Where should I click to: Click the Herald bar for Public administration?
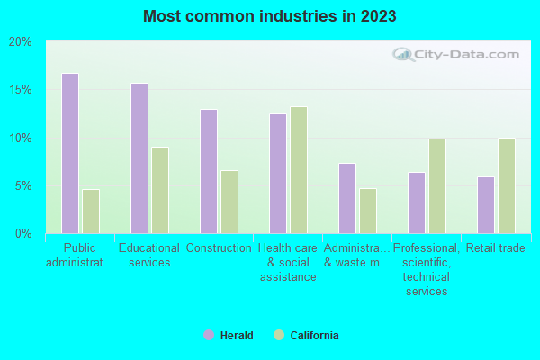click(x=69, y=154)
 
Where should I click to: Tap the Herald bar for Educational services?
click(x=139, y=158)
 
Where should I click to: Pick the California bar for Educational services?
click(x=160, y=191)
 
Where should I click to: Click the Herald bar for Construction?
click(x=209, y=172)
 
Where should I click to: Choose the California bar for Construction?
click(x=229, y=202)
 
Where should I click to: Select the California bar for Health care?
click(x=299, y=170)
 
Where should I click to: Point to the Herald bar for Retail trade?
click(x=486, y=205)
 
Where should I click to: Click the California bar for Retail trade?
click(x=507, y=186)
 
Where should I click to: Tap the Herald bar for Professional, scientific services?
click(x=417, y=203)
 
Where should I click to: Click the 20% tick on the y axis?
click(x=21, y=42)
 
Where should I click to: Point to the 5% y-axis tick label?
click(x=23, y=186)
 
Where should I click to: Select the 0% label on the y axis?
click(x=23, y=234)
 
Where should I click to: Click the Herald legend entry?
click(x=229, y=336)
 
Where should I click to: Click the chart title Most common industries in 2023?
click(x=269, y=16)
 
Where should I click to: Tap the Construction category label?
click(x=219, y=248)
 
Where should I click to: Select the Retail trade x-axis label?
click(x=496, y=248)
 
